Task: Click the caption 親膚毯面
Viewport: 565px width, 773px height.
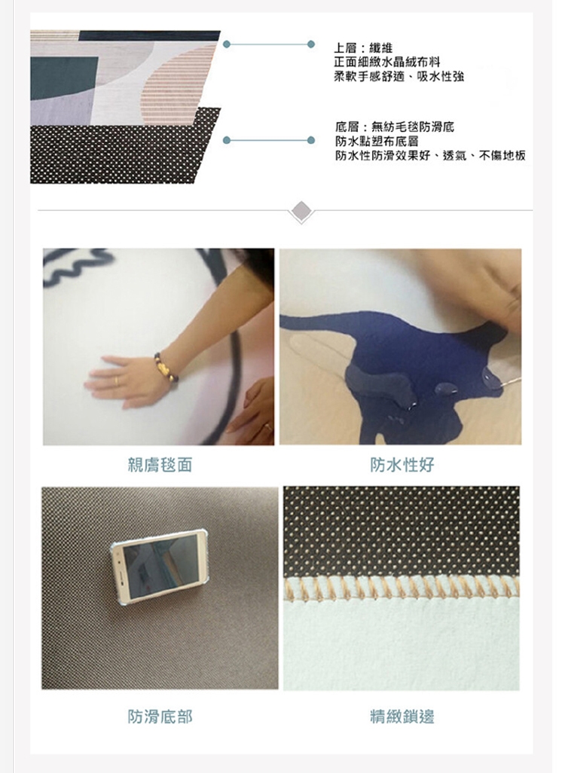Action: tap(160, 465)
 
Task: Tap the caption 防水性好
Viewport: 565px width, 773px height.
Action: tap(402, 465)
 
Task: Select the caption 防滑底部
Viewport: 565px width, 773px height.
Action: tap(160, 716)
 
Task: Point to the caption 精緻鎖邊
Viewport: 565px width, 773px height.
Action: tap(402, 716)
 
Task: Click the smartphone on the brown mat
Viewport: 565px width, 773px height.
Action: tap(157, 566)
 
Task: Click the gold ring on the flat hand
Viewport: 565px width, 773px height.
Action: tap(116, 380)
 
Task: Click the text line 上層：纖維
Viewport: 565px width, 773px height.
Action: tap(363, 47)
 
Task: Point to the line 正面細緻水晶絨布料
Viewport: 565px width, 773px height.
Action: tap(386, 62)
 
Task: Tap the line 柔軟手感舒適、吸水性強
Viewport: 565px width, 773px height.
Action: tap(399, 76)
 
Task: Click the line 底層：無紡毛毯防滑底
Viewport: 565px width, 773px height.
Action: tap(395, 127)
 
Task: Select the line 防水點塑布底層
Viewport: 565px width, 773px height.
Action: tap(377, 142)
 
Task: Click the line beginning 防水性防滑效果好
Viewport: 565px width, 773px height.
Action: tap(430, 156)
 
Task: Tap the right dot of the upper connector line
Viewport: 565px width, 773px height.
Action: tap(311, 44)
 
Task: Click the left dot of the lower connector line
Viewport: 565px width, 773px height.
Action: tap(227, 140)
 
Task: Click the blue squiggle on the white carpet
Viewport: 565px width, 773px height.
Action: tap(76, 266)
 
